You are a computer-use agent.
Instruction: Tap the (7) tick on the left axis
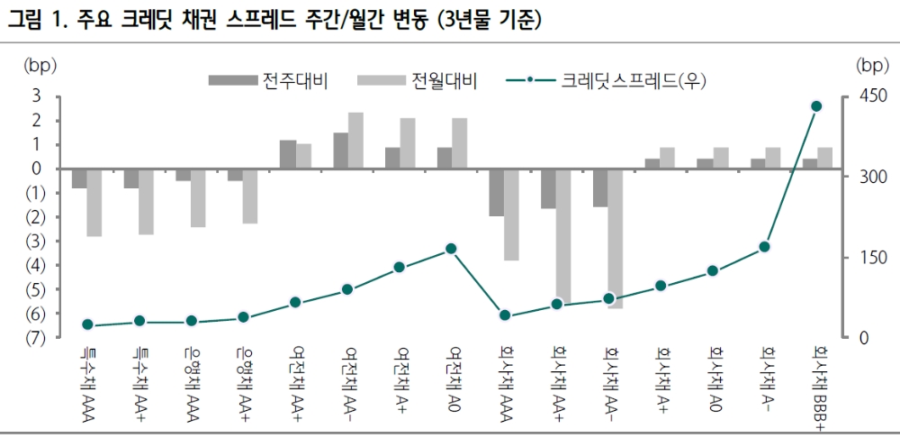click(x=35, y=338)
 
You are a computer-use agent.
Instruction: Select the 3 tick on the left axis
click(x=37, y=96)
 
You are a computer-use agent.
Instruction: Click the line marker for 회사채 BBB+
click(x=816, y=106)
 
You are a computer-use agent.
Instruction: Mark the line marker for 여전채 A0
click(x=452, y=249)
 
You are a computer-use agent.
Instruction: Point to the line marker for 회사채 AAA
click(x=504, y=315)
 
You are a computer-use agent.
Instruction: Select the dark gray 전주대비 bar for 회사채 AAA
click(x=497, y=192)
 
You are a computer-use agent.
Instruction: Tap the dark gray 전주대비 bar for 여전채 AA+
click(x=288, y=154)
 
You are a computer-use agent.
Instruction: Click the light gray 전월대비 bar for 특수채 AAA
click(x=94, y=203)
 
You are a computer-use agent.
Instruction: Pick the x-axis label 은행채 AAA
click(x=190, y=378)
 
